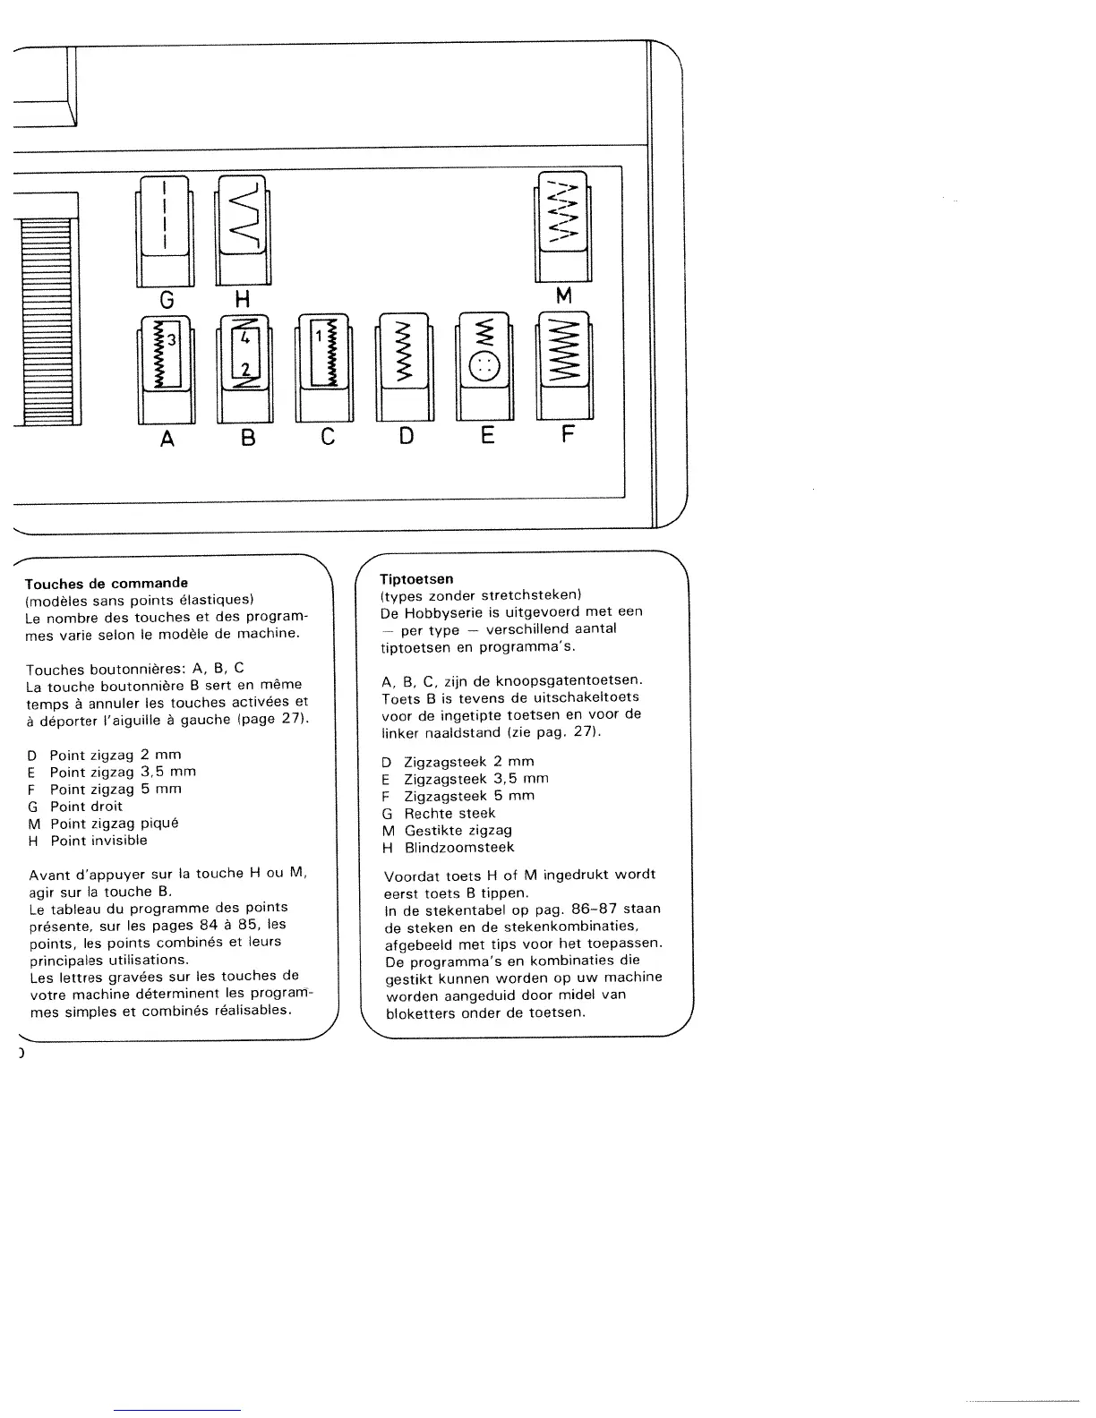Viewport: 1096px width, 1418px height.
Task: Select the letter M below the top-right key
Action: point(563,295)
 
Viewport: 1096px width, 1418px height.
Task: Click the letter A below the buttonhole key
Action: point(167,439)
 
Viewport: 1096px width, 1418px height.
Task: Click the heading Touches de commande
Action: point(107,583)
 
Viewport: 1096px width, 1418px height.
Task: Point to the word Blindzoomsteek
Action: point(459,847)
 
